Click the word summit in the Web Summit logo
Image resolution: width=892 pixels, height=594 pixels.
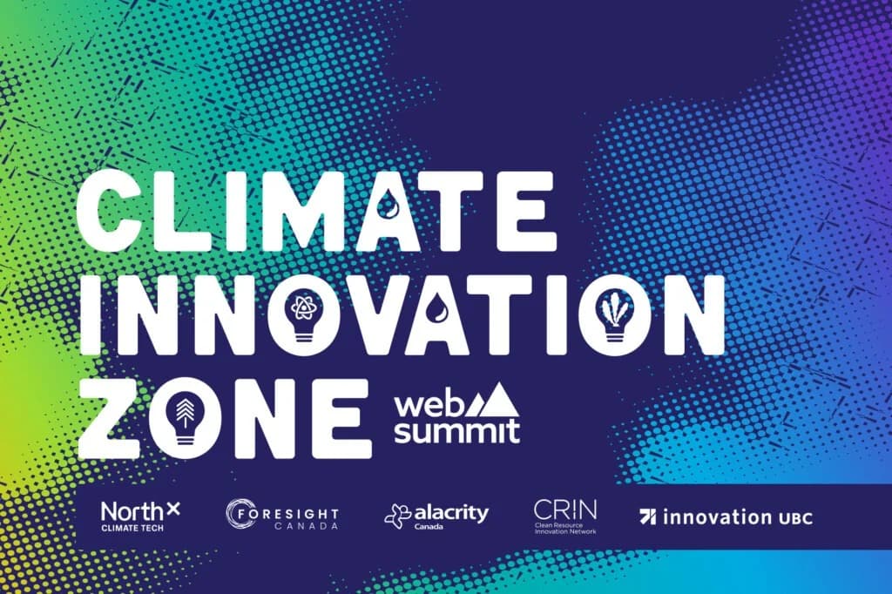(456, 430)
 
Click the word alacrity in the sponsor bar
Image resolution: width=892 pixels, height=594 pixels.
(450, 513)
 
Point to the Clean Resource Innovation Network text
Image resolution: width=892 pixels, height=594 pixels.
(564, 529)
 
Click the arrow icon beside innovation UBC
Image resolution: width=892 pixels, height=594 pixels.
(648, 516)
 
